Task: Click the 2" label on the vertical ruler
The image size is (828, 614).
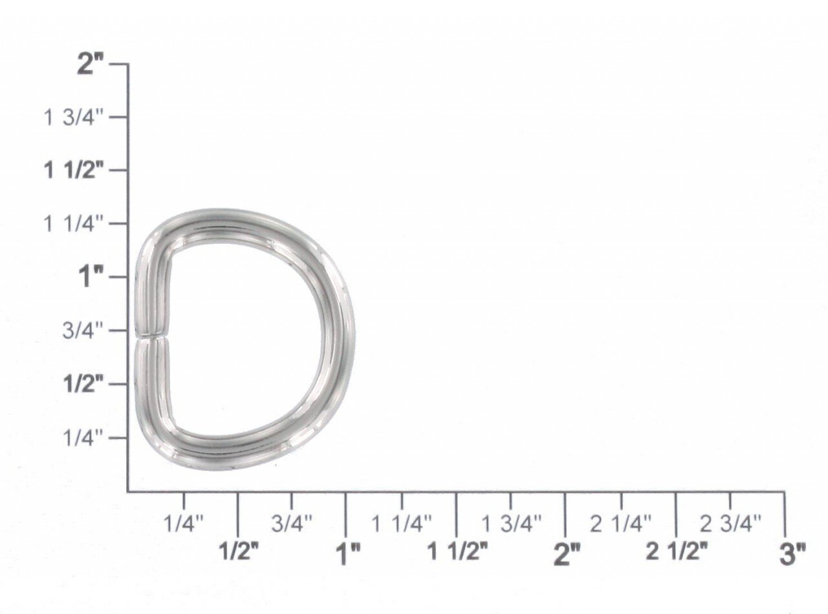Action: click(x=90, y=64)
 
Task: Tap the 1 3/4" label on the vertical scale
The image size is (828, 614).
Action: click(x=74, y=118)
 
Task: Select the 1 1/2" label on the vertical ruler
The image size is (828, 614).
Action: click(x=74, y=171)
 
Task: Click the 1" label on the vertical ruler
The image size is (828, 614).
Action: click(x=91, y=278)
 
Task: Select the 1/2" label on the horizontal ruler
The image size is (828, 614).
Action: click(x=239, y=552)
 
